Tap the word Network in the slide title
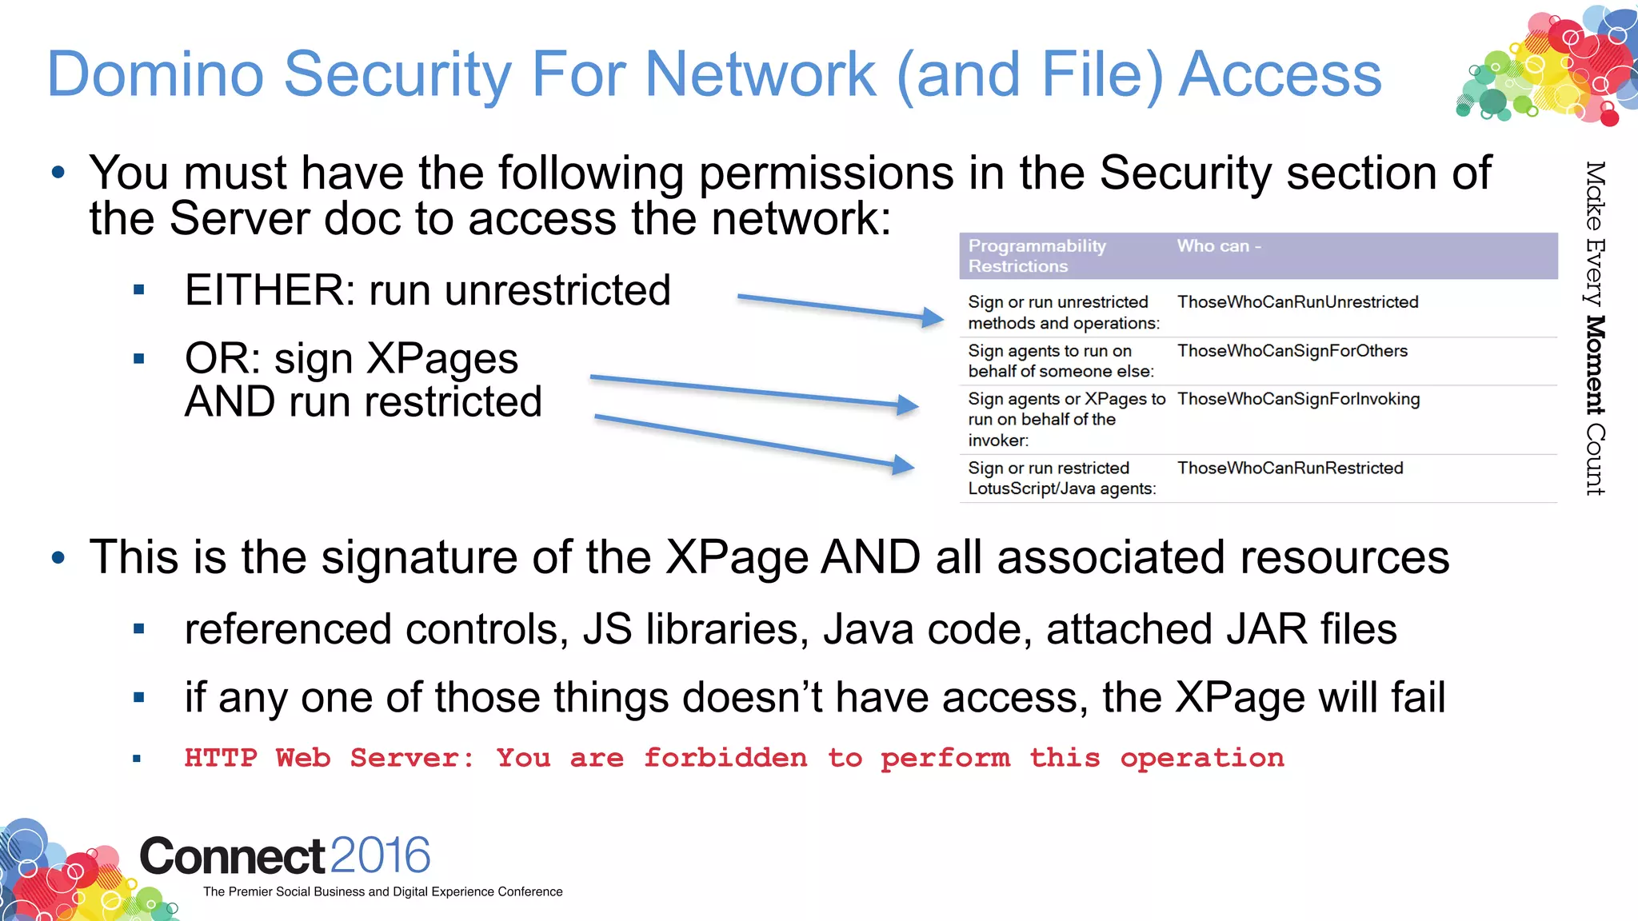point(760,74)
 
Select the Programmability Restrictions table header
point(1037,256)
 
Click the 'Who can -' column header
point(1218,246)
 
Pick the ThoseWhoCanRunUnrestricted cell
point(1297,302)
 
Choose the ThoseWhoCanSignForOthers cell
point(1292,351)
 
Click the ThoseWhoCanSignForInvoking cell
point(1298,399)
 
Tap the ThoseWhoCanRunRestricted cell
point(1289,468)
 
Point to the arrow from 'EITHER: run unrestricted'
point(840,308)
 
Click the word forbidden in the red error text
point(725,758)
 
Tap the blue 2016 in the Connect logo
point(380,855)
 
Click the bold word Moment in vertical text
point(1596,365)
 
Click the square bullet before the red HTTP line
point(138,759)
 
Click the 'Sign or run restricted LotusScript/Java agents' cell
point(1061,478)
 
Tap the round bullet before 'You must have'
point(58,173)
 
